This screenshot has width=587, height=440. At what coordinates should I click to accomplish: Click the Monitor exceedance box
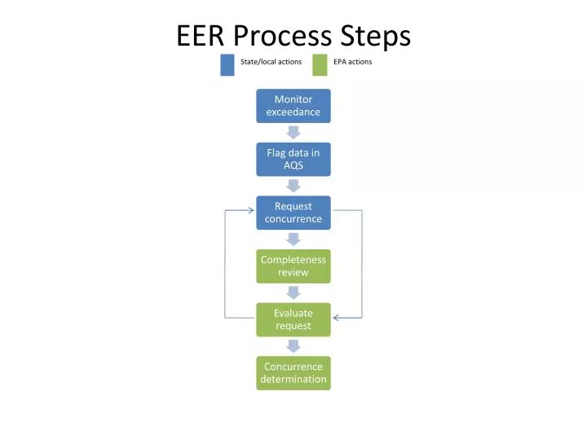point(293,106)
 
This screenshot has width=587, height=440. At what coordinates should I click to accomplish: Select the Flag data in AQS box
point(293,159)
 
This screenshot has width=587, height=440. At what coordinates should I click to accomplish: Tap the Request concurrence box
point(293,213)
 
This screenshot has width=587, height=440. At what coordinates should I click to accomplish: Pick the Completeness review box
point(293,266)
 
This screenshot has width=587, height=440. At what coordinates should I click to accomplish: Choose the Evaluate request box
point(293,319)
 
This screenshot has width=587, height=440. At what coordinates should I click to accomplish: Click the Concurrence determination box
point(293,372)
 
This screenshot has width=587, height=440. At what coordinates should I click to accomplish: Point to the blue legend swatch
point(227,64)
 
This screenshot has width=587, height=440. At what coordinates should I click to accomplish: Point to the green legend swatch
point(320,64)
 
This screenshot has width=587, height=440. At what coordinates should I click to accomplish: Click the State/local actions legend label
point(271,62)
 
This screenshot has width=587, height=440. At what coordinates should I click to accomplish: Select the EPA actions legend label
point(352,62)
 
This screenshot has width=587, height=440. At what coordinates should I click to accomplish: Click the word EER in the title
point(201,36)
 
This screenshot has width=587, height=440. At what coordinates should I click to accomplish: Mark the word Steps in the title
point(375,36)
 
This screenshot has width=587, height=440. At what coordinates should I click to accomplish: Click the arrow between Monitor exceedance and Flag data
point(293,132)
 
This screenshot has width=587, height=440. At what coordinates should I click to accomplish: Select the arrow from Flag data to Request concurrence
point(293,186)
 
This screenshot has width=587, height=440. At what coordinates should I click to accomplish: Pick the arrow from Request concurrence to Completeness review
point(293,239)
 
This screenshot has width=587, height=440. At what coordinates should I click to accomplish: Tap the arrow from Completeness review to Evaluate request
point(293,293)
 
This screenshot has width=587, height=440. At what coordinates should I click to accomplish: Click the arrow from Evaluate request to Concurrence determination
point(293,345)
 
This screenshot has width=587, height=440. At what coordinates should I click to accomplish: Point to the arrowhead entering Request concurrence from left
point(251,210)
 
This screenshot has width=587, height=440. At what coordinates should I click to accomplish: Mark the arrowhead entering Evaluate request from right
point(336,317)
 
